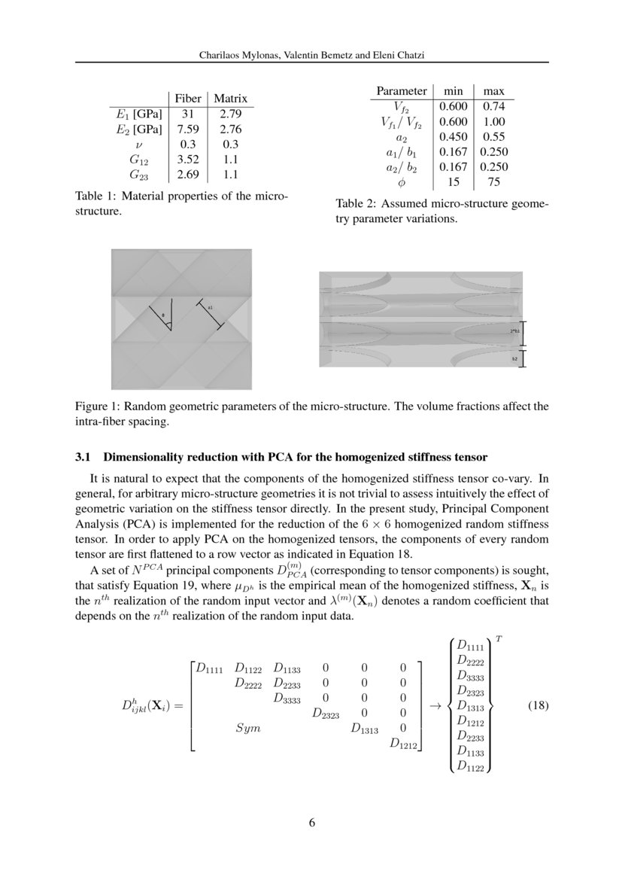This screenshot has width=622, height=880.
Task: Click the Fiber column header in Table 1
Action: [x=187, y=99]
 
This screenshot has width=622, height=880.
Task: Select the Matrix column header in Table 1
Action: [x=230, y=99]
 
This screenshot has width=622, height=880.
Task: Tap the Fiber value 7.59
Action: [x=187, y=129]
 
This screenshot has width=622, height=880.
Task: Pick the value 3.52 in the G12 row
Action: [x=187, y=159]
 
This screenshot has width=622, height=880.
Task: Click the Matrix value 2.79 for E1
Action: [x=230, y=114]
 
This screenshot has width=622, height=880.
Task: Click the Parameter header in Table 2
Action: [x=401, y=91]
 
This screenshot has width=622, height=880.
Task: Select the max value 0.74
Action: [x=493, y=106]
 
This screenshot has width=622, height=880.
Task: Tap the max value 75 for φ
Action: [x=493, y=181]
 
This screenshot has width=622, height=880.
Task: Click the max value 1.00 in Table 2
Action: [x=493, y=121]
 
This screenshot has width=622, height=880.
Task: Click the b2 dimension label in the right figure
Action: [x=514, y=360]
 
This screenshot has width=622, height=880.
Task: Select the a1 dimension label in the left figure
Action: [x=211, y=308]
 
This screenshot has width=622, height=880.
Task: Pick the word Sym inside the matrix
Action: [x=247, y=729]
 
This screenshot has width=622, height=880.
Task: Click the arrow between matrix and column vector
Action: [x=434, y=707]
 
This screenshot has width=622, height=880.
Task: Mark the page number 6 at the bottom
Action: [x=311, y=822]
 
